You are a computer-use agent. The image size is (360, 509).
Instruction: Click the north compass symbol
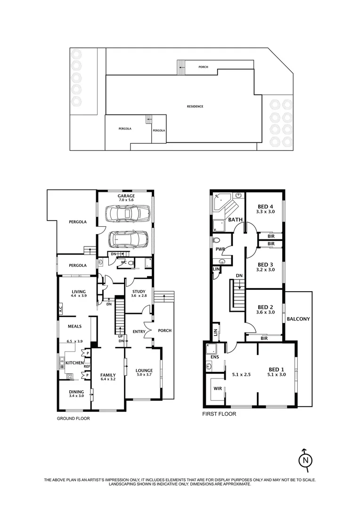[x=306, y=459]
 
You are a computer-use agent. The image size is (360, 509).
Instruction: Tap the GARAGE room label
[x=126, y=196]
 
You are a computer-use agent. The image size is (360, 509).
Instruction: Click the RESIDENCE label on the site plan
[x=195, y=107]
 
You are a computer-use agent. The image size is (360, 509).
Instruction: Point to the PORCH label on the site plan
[x=203, y=67]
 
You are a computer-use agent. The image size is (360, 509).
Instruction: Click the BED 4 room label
[x=265, y=206]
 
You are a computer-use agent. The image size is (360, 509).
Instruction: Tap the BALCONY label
[x=298, y=319]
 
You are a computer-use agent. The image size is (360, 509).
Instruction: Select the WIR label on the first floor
[x=217, y=389]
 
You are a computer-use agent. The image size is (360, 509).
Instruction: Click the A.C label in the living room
[x=60, y=310]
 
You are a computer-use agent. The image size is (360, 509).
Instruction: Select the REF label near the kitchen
[x=87, y=366]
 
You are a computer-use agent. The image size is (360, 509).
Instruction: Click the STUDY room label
[x=139, y=292]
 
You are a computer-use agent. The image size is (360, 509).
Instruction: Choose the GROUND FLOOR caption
[x=73, y=418]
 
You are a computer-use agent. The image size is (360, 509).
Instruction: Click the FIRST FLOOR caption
[x=219, y=414]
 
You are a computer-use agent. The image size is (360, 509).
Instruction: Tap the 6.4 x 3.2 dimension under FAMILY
[x=108, y=379]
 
